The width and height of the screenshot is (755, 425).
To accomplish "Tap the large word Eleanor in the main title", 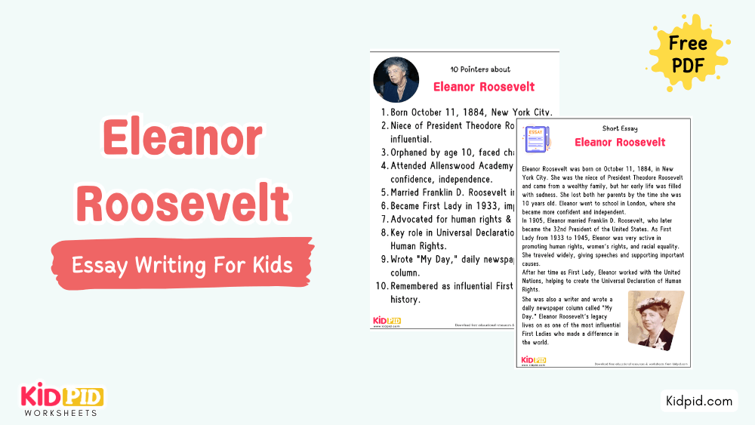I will coord(182,141).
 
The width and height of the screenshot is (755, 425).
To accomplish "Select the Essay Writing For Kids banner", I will coord(182,265).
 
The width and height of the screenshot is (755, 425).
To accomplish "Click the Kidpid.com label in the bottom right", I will coord(698,401).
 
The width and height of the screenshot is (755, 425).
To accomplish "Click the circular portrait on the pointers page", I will coord(396,80).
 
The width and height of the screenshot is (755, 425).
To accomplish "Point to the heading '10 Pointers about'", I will coord(479,69).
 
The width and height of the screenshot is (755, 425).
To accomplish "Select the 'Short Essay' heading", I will coord(620,128).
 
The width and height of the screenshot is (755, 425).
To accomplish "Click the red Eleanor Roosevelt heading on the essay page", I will coord(620,142).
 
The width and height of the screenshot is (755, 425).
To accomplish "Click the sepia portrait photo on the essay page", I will coord(655,320).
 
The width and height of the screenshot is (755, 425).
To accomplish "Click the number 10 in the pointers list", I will coord(384,286).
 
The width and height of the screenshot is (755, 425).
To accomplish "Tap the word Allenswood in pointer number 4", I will coord(460,165).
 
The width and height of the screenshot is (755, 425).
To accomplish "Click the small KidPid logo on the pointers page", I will coord(387,321).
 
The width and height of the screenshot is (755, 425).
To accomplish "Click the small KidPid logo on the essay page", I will coord(534,360).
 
